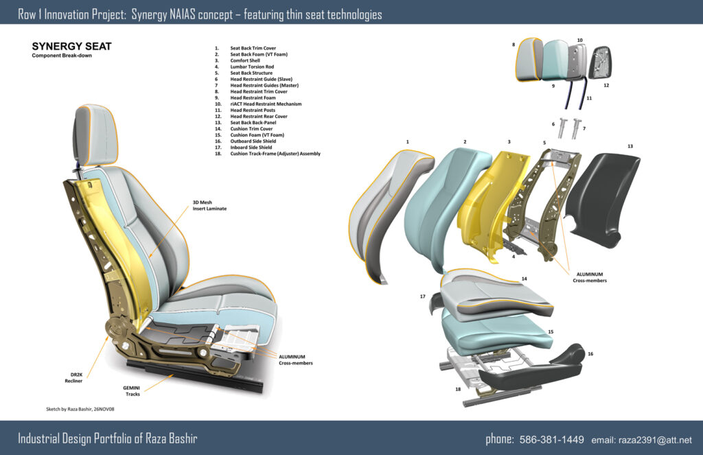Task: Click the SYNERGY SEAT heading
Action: (71, 46)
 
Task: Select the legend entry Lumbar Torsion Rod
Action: (252, 67)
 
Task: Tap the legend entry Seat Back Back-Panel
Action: (253, 122)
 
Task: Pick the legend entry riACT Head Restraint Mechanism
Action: (266, 104)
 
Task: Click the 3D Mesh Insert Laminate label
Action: (209, 205)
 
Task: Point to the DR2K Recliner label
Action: (74, 377)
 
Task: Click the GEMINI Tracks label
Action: (132, 391)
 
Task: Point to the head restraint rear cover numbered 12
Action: (601, 62)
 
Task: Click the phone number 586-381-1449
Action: (551, 439)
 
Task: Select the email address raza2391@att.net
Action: (655, 440)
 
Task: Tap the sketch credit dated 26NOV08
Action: (80, 409)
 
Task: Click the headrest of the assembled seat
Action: (96, 135)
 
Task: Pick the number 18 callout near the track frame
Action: (458, 389)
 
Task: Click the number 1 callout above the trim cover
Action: (408, 141)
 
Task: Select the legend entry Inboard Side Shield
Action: (251, 147)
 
